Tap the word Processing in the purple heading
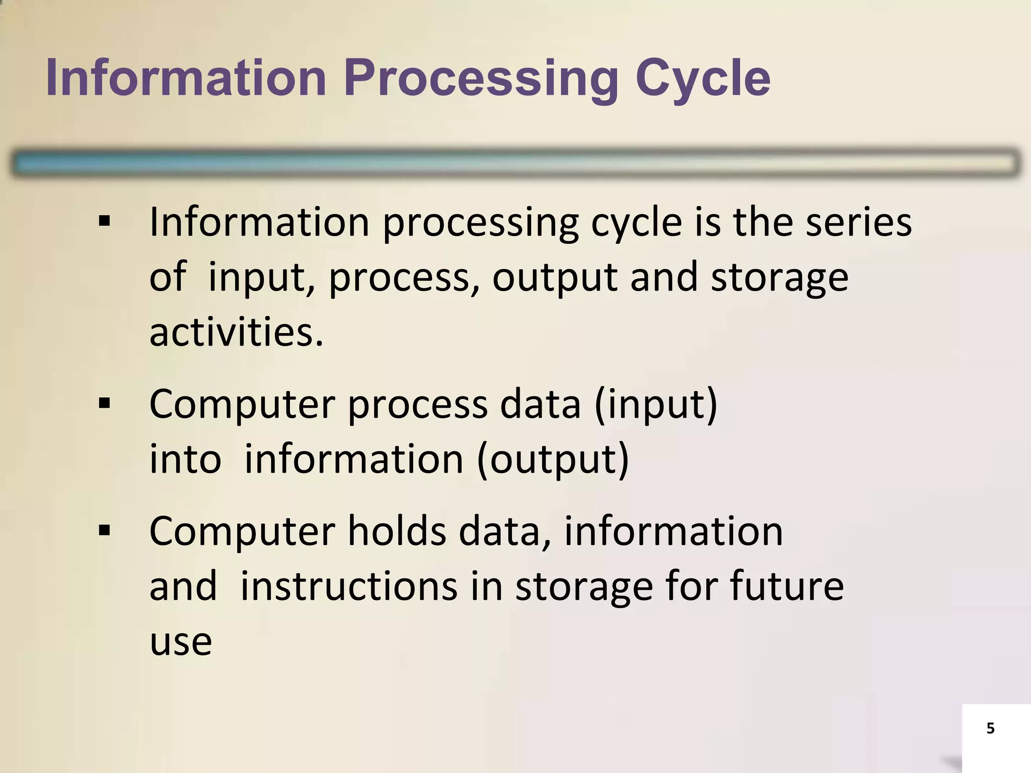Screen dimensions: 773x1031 [x=481, y=79]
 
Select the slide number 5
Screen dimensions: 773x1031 [x=990, y=728]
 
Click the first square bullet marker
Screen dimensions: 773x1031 [x=104, y=221]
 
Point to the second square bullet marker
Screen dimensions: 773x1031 [x=104, y=403]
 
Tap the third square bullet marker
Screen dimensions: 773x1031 [x=104, y=530]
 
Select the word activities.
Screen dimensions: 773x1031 [x=236, y=333]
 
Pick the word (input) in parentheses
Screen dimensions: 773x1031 [x=655, y=404]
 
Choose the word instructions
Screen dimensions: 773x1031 [x=349, y=586]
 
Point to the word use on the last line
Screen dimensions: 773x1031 [x=181, y=643]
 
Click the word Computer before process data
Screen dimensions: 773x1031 [x=242, y=404]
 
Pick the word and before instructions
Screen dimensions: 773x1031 [x=183, y=586]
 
